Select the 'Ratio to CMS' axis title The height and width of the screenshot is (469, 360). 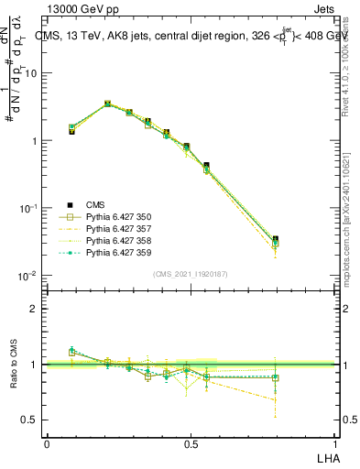tap(16, 365)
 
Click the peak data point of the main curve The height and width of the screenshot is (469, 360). tap(107, 104)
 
